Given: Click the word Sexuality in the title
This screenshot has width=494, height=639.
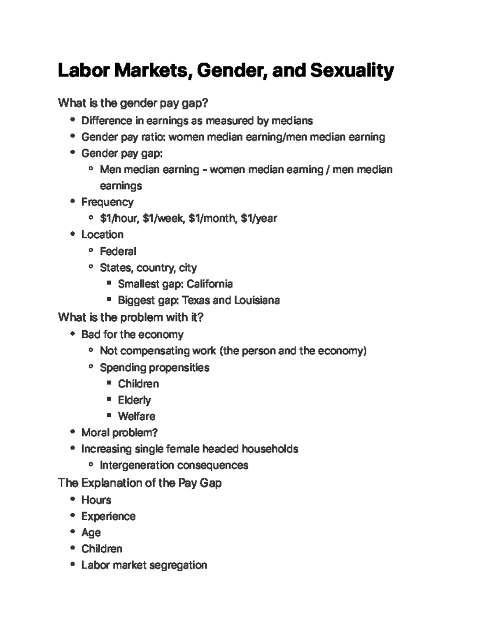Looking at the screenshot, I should (352, 71).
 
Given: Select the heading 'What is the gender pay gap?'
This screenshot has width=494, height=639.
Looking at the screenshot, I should (133, 103).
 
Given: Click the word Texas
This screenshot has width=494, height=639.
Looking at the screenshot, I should (196, 300).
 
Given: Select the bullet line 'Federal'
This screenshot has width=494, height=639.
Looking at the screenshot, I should (118, 251).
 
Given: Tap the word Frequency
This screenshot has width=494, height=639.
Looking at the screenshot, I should (107, 202).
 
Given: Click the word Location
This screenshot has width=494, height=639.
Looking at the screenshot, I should (102, 235).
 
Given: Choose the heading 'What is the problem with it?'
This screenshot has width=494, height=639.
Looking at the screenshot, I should (131, 318).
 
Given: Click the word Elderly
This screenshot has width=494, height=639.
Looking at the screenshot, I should (134, 400).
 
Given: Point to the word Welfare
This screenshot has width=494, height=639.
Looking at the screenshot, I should (136, 416).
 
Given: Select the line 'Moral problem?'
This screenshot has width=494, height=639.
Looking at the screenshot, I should (119, 433).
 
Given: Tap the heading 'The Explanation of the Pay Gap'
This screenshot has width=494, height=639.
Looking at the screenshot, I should (140, 483).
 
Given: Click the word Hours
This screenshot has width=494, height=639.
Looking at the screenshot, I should (96, 500).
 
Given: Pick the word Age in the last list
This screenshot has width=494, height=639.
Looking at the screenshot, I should (91, 533).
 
